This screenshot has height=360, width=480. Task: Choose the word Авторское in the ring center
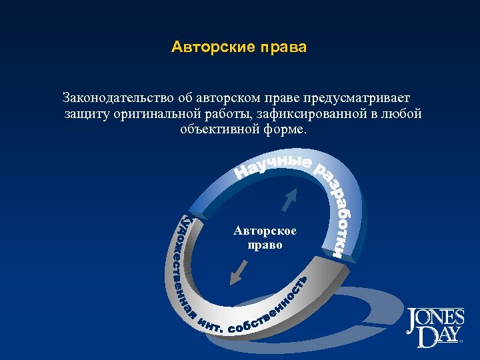click(265, 231)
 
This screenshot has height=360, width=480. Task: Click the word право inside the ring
click(265, 245)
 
